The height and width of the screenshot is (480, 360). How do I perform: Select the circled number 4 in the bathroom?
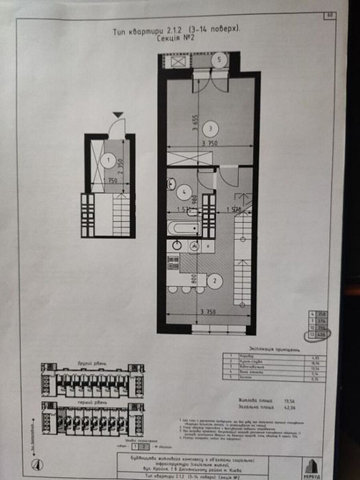[184, 192]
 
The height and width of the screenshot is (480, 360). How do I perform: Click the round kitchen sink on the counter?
[176, 245]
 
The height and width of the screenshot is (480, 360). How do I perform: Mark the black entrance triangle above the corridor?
[118, 114]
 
